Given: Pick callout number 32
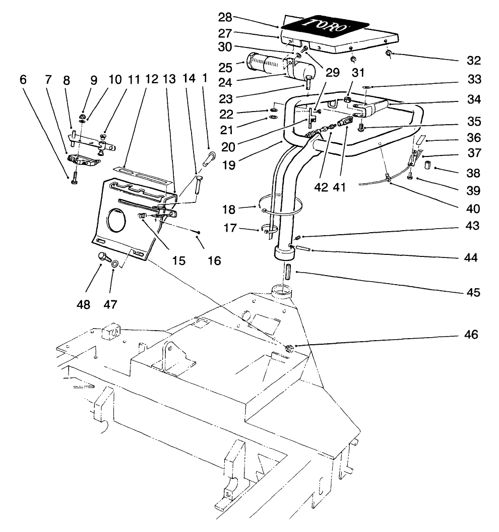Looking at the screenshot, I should tap(474, 61).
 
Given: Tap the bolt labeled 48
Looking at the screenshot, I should tap(104, 257).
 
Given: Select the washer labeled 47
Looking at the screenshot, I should tap(115, 263).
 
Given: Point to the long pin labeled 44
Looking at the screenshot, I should tap(301, 248).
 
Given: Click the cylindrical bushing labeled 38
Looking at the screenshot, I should tap(427, 166).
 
